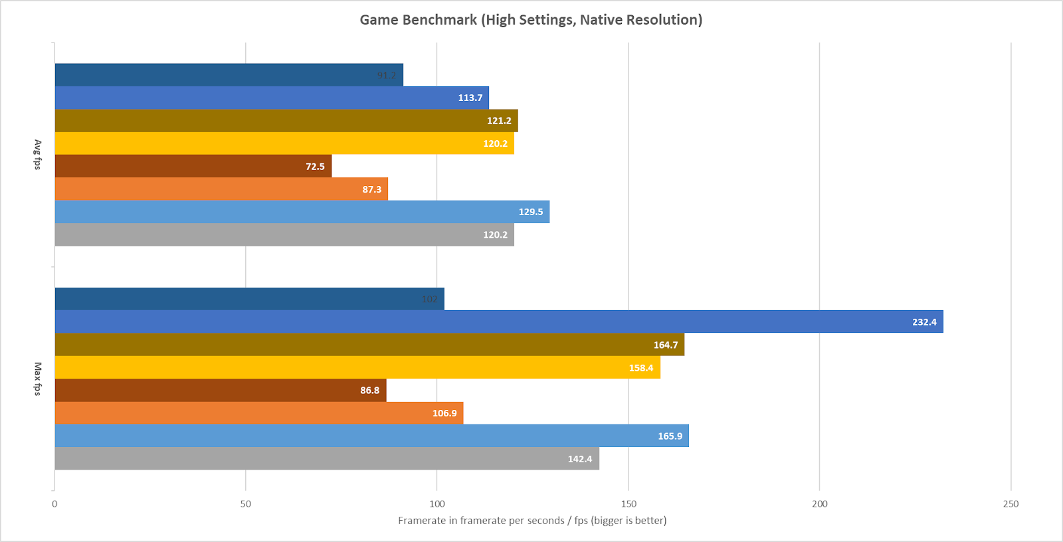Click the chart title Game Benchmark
click(x=531, y=20)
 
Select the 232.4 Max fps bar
click(x=498, y=321)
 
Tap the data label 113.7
click(x=470, y=98)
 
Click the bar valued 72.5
click(x=193, y=166)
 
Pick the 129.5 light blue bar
click(x=302, y=212)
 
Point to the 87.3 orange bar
click(x=221, y=189)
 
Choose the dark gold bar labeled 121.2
click(x=286, y=121)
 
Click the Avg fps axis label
click(x=38, y=155)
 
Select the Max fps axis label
click(x=38, y=379)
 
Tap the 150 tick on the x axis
click(x=628, y=503)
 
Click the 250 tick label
click(x=1011, y=503)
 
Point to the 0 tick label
click(x=54, y=503)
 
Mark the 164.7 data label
click(x=665, y=345)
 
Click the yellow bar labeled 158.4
click(x=357, y=367)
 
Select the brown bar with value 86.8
click(x=220, y=390)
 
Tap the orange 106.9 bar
click(x=258, y=413)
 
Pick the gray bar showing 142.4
click(x=326, y=458)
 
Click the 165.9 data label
click(x=670, y=436)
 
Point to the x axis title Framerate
click(x=532, y=520)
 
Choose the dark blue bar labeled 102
click(x=249, y=299)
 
